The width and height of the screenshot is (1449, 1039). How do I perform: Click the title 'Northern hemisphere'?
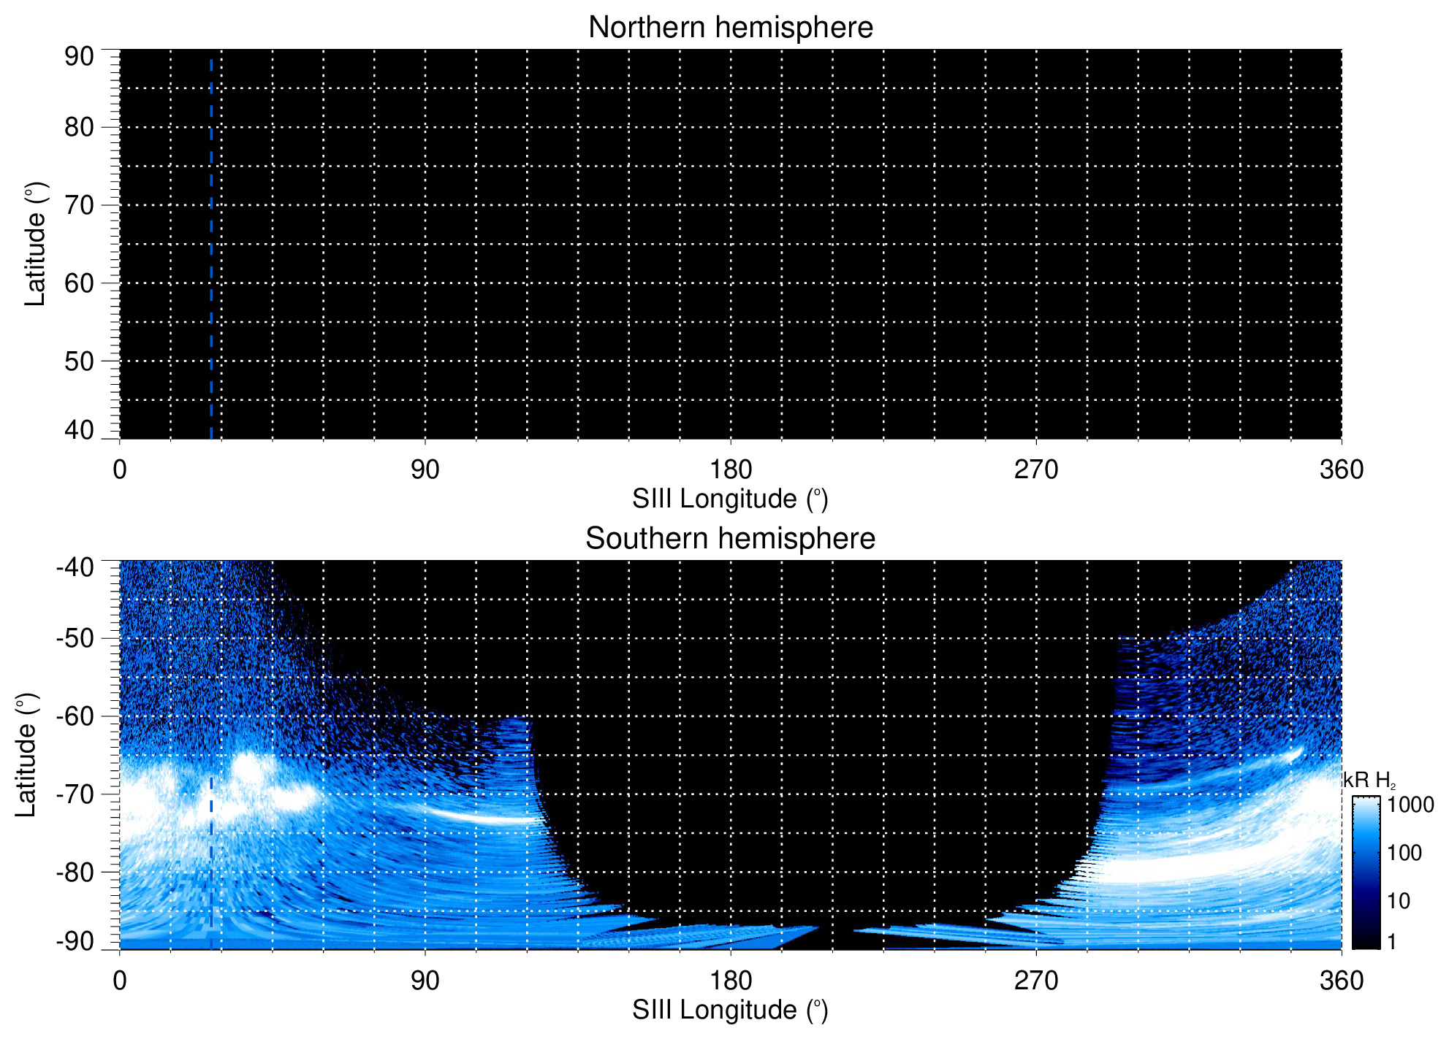click(730, 28)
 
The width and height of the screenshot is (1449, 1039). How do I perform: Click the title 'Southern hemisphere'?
click(730, 539)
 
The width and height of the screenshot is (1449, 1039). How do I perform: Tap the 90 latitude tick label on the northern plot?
click(79, 57)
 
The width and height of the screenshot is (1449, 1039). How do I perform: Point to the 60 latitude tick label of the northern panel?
click(79, 283)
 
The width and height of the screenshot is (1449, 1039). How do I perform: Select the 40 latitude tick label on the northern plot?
click(79, 430)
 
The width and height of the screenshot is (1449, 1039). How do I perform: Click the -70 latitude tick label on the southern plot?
click(75, 794)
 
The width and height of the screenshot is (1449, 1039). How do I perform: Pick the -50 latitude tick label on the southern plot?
click(75, 638)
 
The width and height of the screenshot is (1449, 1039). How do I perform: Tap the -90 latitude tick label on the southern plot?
click(75, 941)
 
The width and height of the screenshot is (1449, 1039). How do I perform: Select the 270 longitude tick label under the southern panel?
click(1035, 981)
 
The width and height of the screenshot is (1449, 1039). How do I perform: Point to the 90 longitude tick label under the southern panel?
click(425, 981)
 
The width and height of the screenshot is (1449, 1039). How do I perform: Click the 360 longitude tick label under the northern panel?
click(1341, 469)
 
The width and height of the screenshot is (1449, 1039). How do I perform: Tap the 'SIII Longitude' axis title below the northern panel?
click(730, 499)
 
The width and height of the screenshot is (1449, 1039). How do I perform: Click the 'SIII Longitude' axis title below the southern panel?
click(730, 1011)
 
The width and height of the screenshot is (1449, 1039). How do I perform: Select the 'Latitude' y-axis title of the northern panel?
click(35, 244)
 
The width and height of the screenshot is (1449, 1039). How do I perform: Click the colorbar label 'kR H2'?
click(1369, 781)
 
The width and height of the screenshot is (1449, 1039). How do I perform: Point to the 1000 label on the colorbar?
click(1410, 805)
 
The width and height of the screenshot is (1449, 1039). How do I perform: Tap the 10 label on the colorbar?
click(1399, 901)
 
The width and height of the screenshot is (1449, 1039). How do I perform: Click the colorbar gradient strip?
click(1365, 873)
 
